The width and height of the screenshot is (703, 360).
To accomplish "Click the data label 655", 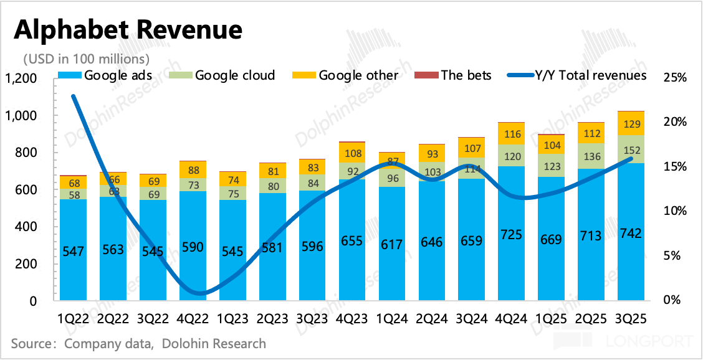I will [352, 242].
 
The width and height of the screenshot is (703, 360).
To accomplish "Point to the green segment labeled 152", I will [631, 149].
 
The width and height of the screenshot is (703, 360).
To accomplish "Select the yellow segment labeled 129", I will [631, 124].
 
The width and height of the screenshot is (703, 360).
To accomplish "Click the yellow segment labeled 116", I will [511, 134].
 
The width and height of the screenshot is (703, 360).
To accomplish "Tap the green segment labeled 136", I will [591, 156].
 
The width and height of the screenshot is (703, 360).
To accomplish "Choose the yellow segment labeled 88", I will [193, 170].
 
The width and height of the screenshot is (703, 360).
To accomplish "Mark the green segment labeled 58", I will [73, 194].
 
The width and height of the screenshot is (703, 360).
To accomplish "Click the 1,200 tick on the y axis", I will [22, 79].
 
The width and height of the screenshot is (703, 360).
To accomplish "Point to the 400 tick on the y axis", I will [26, 227].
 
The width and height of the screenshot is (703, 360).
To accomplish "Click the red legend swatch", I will [426, 75].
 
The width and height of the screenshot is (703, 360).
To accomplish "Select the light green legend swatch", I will [181, 75].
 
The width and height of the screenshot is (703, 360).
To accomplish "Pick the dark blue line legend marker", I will [520, 75].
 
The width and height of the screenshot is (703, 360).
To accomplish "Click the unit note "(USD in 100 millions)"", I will [87, 59].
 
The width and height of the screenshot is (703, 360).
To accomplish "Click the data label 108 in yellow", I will [352, 153].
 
